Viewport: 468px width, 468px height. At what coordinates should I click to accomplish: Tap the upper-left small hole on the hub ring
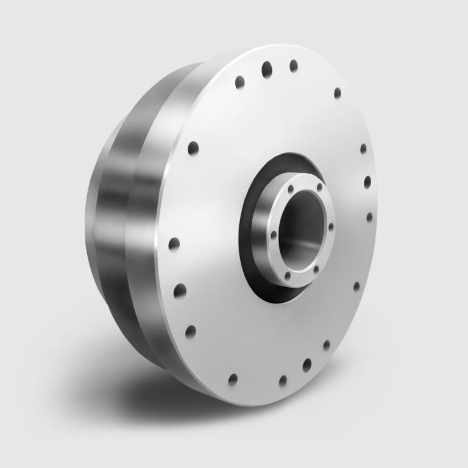tap(291, 189)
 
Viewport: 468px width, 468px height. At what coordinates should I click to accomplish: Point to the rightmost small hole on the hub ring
tap(331, 227)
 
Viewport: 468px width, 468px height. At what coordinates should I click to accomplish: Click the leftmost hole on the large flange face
tap(174, 244)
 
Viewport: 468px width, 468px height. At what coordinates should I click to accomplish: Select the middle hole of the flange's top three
tap(267, 69)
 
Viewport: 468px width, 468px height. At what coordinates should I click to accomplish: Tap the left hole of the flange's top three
tap(239, 81)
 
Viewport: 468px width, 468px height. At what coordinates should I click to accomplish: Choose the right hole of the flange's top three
tap(294, 65)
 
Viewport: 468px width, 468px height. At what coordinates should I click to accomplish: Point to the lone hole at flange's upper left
tap(193, 148)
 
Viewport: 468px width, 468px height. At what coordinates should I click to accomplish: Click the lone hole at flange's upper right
tap(337, 93)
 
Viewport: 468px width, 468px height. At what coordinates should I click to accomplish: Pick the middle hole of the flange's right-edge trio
tap(367, 181)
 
